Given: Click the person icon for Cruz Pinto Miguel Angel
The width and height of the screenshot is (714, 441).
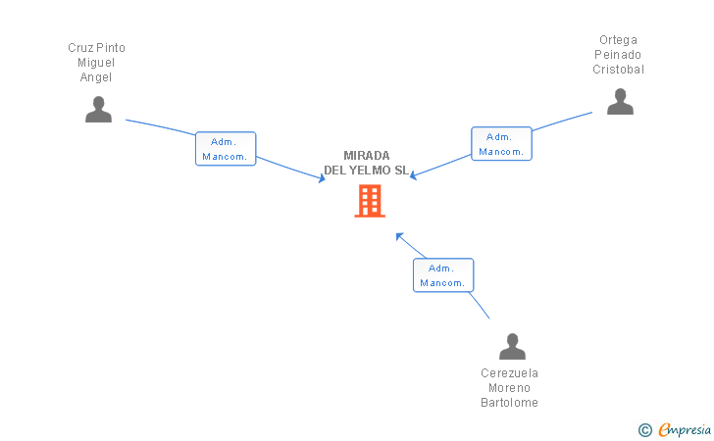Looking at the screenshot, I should [98, 110].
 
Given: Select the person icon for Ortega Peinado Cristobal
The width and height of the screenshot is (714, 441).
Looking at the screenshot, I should [620, 102].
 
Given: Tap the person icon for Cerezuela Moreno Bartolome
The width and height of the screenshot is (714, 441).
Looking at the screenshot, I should [512, 347].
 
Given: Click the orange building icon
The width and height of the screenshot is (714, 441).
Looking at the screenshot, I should [370, 201].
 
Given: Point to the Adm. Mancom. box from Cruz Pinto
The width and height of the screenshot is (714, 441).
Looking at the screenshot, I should [226, 149].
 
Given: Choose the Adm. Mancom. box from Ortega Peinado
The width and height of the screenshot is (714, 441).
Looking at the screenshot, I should [501, 144].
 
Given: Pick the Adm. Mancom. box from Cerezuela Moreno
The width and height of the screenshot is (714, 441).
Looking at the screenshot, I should [443, 275].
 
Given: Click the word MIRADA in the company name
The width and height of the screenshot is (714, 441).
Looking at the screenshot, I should [367, 156].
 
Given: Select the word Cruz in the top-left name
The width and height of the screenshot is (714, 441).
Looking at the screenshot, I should [78, 48].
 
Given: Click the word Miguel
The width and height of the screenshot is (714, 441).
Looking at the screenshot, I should [97, 63].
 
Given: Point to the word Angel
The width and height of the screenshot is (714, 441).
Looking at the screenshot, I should [97, 77].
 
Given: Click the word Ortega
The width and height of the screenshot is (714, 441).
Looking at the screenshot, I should [619, 40].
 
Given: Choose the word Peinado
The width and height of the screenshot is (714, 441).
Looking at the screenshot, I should [619, 55].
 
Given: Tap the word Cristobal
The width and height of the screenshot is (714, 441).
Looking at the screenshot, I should [619, 70].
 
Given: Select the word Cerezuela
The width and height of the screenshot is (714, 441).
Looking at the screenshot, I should [510, 373].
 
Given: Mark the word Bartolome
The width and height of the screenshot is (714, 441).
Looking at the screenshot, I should [510, 403].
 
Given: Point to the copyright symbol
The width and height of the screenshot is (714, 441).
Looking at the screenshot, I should [645, 429].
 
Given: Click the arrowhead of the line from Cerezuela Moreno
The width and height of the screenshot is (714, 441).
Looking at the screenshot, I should [398, 235].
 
